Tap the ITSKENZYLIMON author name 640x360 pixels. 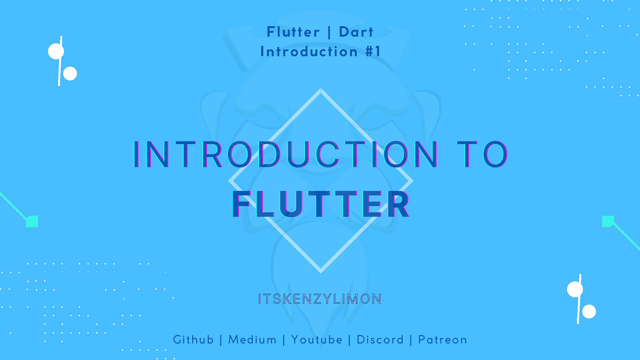(x=319, y=299)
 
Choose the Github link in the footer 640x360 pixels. (x=194, y=340)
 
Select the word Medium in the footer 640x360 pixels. (x=252, y=340)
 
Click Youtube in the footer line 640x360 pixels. (x=317, y=340)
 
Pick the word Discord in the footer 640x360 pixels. (x=380, y=340)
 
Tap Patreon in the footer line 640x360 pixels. (x=443, y=340)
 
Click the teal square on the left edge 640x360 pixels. (x=32, y=221)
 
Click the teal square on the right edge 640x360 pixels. (x=607, y=221)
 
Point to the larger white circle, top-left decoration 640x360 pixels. (x=56, y=51)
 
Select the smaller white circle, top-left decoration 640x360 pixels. (x=70, y=74)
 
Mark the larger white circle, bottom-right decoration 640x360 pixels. (x=575, y=289)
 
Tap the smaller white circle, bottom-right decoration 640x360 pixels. (x=589, y=311)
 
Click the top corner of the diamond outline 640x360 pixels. (x=321, y=90)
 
